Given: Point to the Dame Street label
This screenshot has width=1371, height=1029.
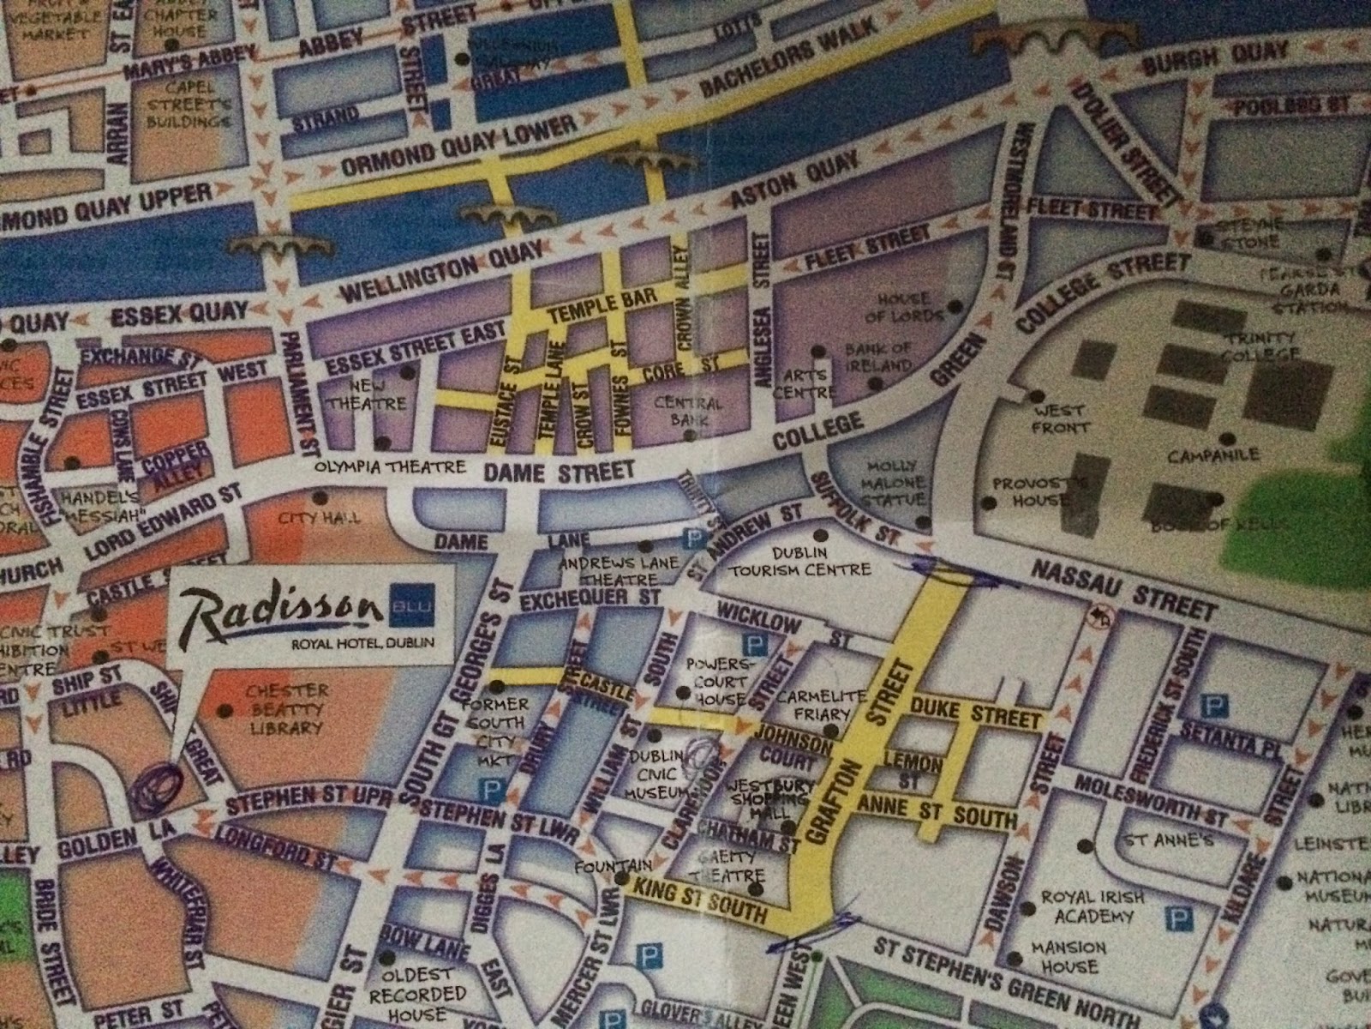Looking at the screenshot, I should click(559, 471).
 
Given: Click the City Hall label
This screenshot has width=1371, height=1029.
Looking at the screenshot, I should click(319, 518).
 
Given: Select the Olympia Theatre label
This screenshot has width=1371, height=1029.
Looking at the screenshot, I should click(390, 467).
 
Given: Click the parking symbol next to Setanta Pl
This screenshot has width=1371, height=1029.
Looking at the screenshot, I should click(1212, 707).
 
